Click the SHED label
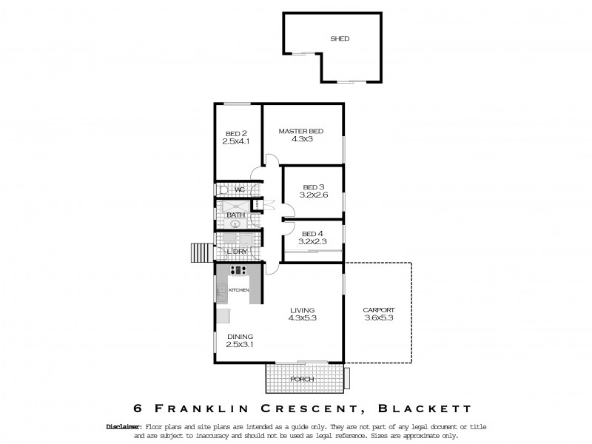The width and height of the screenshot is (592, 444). pyautogui.click(x=340, y=38)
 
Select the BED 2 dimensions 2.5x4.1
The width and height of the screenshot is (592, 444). pyautogui.click(x=236, y=141)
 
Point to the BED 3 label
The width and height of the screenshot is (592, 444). pyautogui.click(x=314, y=186)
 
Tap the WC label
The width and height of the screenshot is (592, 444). pyautogui.click(x=239, y=190)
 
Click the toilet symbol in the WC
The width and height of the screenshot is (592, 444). pyautogui.click(x=221, y=189)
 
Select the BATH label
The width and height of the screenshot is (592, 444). pyautogui.click(x=235, y=215)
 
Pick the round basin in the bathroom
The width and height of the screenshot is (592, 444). pyautogui.click(x=236, y=222)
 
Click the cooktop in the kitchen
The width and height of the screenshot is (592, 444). pyautogui.click(x=239, y=271)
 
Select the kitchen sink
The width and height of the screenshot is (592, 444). pyautogui.click(x=222, y=292)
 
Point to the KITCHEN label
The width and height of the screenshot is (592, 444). pyautogui.click(x=240, y=289)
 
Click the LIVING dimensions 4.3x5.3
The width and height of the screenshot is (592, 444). pyautogui.click(x=302, y=318)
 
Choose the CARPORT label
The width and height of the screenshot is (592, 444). pyautogui.click(x=378, y=310)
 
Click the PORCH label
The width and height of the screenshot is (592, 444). pyautogui.click(x=302, y=379)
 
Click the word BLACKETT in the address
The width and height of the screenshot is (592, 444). pyautogui.click(x=428, y=408)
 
